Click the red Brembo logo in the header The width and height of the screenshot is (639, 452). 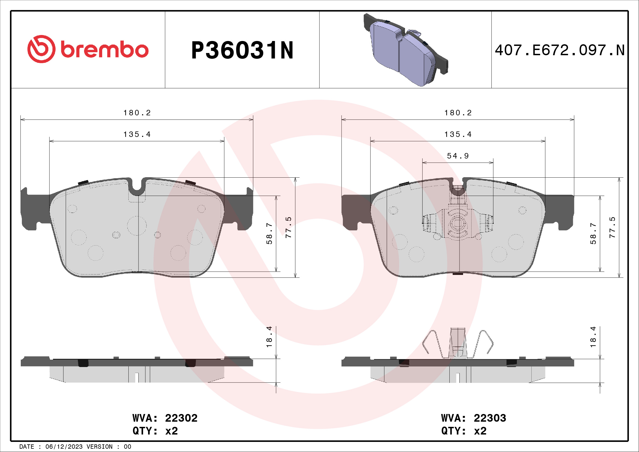(88, 49)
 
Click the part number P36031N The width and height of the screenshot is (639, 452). (242, 50)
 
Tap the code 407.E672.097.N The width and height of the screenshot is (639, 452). (560, 50)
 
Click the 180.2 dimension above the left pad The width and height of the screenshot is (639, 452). (137, 113)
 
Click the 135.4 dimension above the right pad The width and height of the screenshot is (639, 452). (458, 134)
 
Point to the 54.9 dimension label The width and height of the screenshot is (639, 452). (458, 156)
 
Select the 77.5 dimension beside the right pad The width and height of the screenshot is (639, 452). (612, 227)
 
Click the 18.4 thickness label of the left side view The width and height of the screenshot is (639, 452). (269, 337)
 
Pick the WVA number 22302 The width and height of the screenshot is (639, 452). (181, 418)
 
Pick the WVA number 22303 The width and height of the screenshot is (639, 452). (490, 418)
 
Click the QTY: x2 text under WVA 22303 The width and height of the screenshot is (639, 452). (464, 431)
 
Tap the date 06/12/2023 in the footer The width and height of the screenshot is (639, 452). (64, 447)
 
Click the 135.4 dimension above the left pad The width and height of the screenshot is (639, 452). (137, 134)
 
